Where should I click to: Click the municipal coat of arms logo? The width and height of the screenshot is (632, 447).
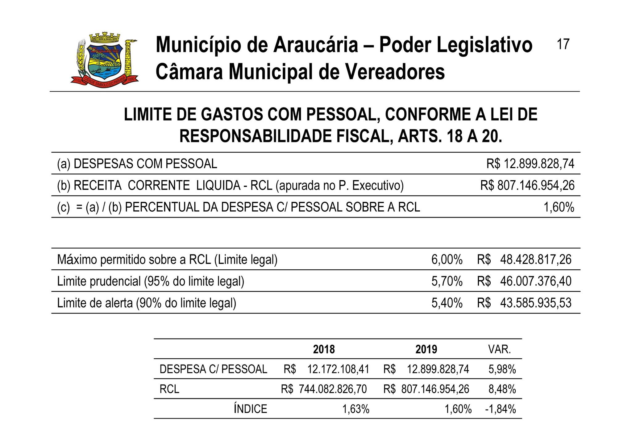click(105, 59)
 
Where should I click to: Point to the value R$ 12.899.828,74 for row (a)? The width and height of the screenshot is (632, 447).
click(530, 164)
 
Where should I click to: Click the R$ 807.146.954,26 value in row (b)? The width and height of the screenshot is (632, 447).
click(527, 185)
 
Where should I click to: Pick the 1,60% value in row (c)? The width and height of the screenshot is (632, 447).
click(559, 207)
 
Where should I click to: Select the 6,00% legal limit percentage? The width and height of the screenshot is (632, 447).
click(447, 259)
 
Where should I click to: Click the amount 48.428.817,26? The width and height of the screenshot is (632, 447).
click(536, 259)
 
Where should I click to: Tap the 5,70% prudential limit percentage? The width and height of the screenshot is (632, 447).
click(447, 281)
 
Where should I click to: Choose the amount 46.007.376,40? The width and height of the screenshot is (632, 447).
click(536, 281)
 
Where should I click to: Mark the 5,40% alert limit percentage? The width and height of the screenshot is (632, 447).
click(447, 303)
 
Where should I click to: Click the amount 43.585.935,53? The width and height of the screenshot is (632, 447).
click(536, 303)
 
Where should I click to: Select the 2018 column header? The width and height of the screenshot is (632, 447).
click(324, 349)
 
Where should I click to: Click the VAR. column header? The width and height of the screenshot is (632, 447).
click(499, 349)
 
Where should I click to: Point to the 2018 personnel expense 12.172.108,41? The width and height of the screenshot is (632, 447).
click(338, 369)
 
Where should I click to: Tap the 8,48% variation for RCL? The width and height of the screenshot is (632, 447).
click(502, 389)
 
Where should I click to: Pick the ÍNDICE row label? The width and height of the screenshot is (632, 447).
click(250, 409)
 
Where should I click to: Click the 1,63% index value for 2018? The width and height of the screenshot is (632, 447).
click(356, 409)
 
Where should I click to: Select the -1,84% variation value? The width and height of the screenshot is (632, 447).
click(500, 409)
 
